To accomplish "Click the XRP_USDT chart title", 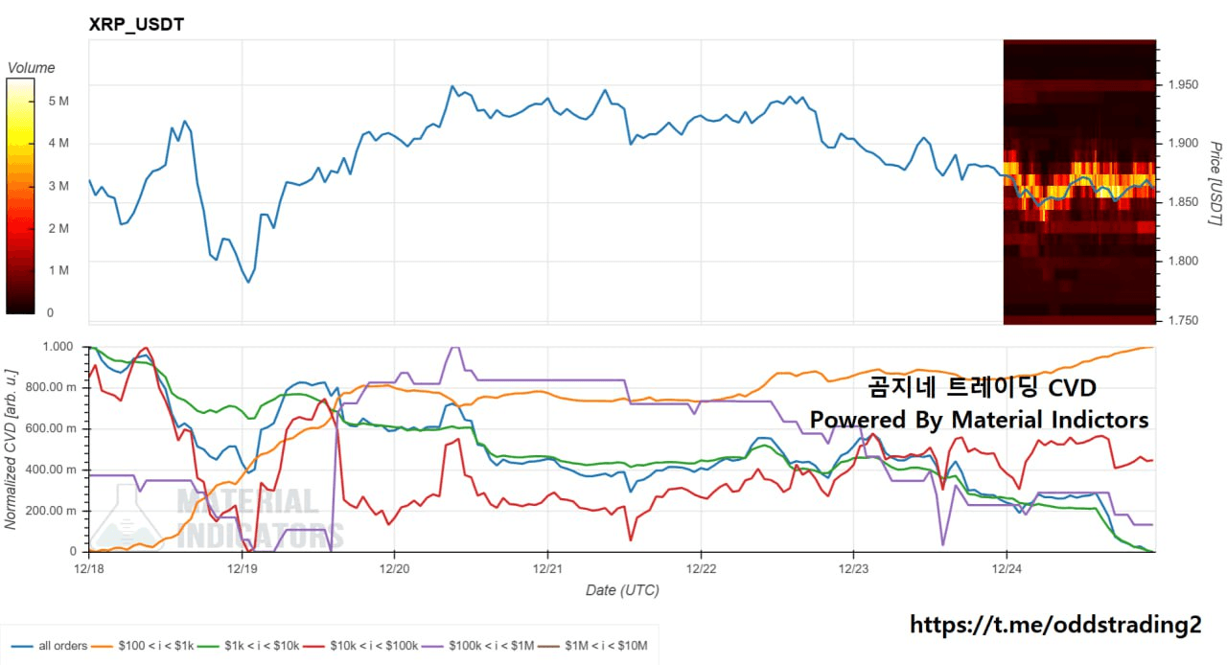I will pyautogui.click(x=136, y=25).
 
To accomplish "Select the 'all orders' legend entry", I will pyautogui.click(x=63, y=646).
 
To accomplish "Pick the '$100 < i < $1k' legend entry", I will pyautogui.click(x=155, y=646).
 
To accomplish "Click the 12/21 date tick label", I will pyautogui.click(x=547, y=567).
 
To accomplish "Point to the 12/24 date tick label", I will pyautogui.click(x=1006, y=567).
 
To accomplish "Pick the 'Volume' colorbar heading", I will pyautogui.click(x=31, y=68).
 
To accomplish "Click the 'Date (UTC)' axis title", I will pyautogui.click(x=622, y=590).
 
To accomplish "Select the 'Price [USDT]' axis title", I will pyautogui.click(x=1215, y=184).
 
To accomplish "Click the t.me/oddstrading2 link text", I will pyautogui.click(x=1054, y=625).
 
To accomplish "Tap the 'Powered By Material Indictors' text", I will pyautogui.click(x=979, y=420).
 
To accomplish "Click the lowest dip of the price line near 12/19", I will pyautogui.click(x=248, y=282).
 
